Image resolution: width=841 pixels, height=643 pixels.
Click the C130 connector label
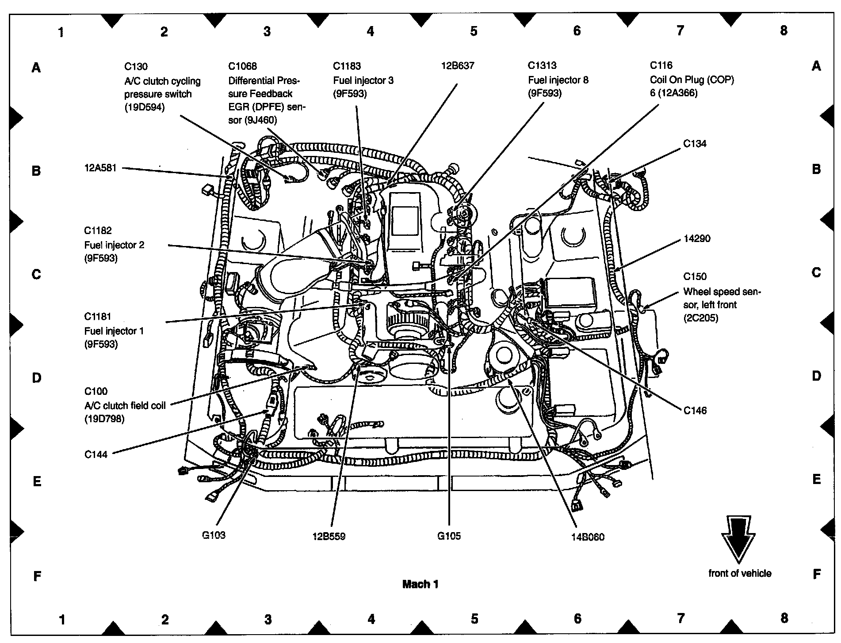point(136,67)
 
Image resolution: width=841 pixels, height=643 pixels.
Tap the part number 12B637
point(457,66)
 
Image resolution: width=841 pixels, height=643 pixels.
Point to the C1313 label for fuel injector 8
point(542,66)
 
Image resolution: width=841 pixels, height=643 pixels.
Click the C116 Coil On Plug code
point(661,65)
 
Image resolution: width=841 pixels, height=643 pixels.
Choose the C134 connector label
point(695,144)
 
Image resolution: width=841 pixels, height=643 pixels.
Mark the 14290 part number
point(696,239)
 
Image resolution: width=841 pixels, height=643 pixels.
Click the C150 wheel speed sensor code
point(695,276)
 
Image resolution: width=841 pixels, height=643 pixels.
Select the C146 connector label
point(695,411)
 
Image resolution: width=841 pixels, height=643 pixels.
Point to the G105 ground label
point(449,536)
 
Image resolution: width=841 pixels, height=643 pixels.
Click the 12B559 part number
point(329,537)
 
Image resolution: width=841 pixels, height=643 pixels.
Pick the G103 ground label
point(214,535)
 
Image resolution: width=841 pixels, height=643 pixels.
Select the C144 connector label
point(96,454)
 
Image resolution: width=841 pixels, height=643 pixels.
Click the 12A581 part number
point(100,168)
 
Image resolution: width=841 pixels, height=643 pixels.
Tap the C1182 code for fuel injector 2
point(98,231)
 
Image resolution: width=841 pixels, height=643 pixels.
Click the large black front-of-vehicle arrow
point(739,539)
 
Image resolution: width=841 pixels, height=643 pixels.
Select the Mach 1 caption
point(420,584)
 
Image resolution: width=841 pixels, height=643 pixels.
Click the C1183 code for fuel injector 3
point(347,66)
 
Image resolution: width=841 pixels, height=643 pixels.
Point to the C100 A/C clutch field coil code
point(96,391)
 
